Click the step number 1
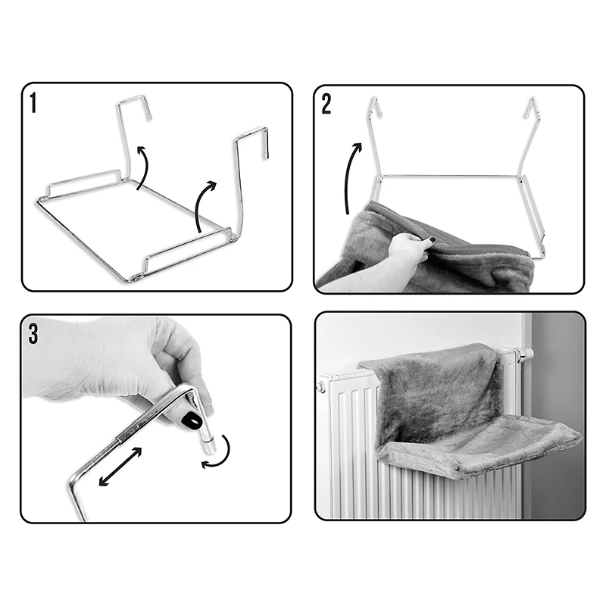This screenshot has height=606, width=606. click(x=33, y=103)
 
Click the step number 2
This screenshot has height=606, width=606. click(x=326, y=104)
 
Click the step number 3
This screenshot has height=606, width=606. click(x=33, y=334)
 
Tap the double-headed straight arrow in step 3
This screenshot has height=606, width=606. click(x=120, y=467)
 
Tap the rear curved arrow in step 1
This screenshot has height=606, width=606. click(x=145, y=167)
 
